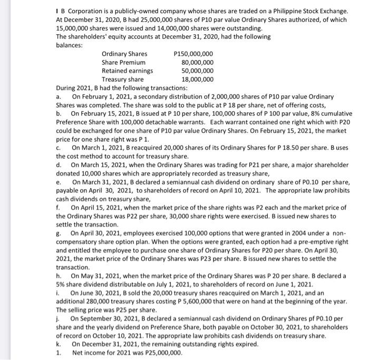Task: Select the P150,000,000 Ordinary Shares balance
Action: click(193, 54)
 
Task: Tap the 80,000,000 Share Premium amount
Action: click(197, 62)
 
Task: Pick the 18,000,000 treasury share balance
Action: click(197, 80)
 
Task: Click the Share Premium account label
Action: click(123, 62)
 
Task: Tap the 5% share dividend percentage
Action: click(61, 285)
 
